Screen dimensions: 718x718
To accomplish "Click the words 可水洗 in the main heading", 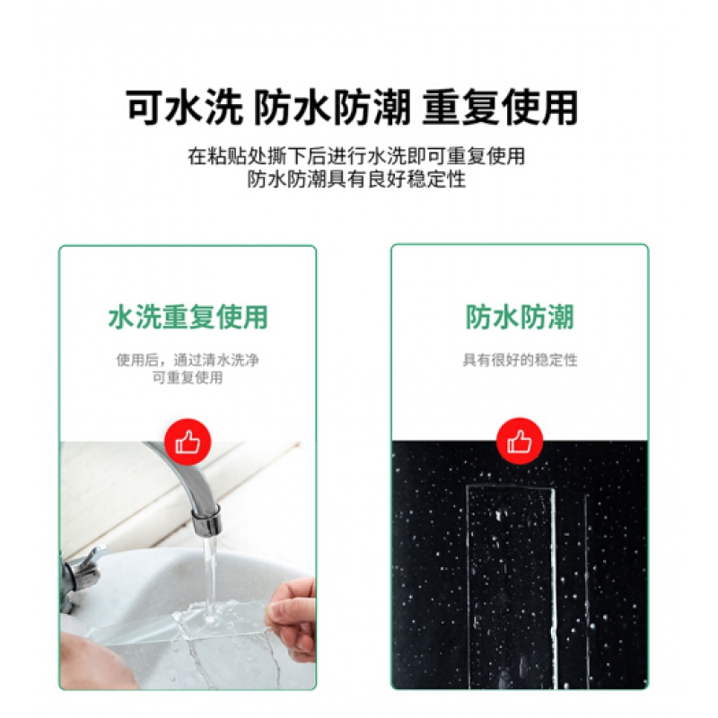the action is click(184, 108).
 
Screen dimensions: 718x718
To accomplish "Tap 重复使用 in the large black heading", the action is click(500, 108).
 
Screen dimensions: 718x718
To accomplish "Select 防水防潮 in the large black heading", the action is click(332, 108).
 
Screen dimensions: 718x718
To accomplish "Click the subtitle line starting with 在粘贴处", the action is click(356, 156).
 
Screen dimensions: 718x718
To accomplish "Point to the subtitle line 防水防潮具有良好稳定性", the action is click(356, 179).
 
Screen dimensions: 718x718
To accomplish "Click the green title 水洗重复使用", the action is click(188, 317).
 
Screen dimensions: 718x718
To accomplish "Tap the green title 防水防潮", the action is click(520, 317).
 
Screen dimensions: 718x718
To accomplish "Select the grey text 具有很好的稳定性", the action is click(520, 361).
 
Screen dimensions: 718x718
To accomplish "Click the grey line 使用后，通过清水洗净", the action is click(188, 361).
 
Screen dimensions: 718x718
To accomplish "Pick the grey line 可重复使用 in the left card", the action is click(188, 378).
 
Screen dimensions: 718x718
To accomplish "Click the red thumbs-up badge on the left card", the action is click(188, 442).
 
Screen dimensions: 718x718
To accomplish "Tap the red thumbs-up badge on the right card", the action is click(520, 441).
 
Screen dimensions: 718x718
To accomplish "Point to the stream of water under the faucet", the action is click(210, 577).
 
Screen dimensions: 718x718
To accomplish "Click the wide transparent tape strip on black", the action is click(512, 587).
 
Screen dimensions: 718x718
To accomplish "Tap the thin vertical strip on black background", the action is click(587, 591).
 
